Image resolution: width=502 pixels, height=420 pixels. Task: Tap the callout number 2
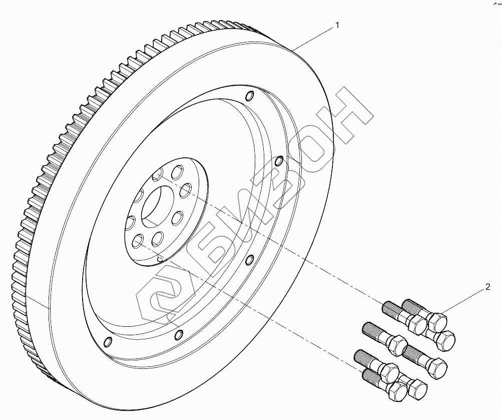point(487,288)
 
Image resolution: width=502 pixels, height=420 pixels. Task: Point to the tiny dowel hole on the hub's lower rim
point(160,259)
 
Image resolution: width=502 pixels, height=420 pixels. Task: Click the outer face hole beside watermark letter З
point(280,161)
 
